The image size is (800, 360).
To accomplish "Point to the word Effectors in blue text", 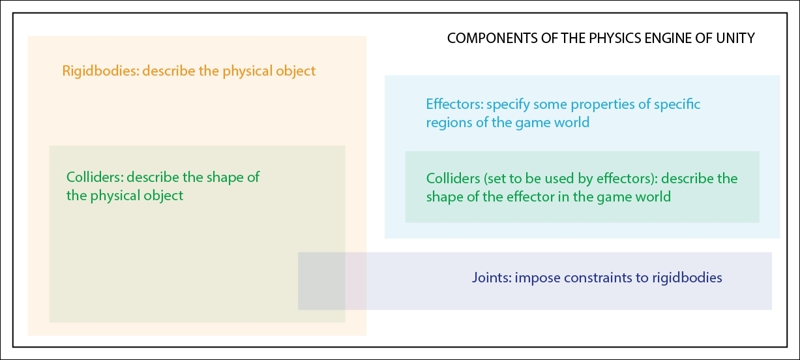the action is (454, 104).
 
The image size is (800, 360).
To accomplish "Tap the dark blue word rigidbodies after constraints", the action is (687, 278).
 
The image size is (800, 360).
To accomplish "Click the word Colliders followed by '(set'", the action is (453, 178).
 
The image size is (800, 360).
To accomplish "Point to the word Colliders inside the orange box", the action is (93, 177).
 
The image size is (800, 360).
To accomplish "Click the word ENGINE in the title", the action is (668, 38).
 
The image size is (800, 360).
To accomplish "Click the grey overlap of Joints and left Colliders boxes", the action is (321, 280).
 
